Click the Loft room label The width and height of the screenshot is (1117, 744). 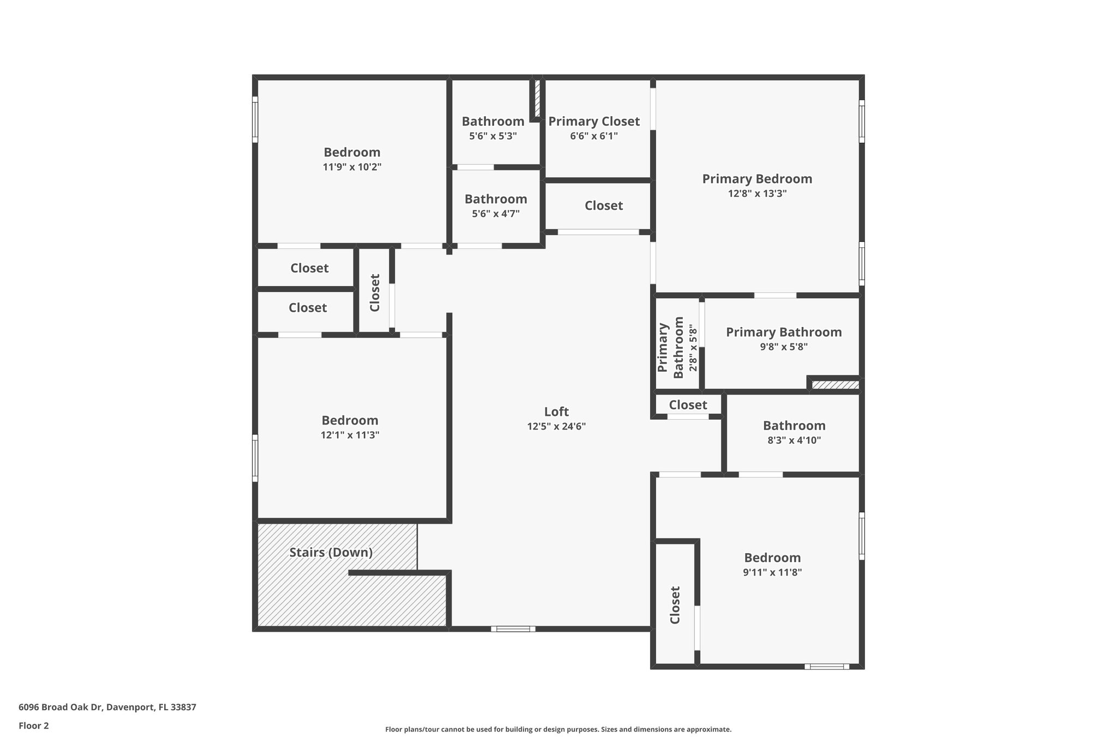click(x=556, y=412)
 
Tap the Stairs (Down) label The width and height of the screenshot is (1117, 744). click(x=331, y=553)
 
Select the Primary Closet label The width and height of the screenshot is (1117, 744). click(x=593, y=122)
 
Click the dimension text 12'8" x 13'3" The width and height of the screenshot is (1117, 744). click(x=757, y=193)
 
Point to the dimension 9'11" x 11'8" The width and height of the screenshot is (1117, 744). click(x=772, y=572)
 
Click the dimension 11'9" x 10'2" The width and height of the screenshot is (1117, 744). click(x=352, y=167)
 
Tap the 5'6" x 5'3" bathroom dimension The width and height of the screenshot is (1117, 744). click(x=493, y=136)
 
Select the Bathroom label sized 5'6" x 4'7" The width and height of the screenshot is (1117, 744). click(x=495, y=199)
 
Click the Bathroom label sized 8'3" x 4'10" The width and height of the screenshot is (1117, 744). click(x=794, y=426)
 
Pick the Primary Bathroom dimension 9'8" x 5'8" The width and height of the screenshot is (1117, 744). click(x=783, y=347)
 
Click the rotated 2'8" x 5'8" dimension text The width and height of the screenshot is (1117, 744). click(x=693, y=348)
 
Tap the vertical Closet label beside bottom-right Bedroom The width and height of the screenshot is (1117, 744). click(x=675, y=605)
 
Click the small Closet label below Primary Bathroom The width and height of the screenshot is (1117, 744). click(x=688, y=405)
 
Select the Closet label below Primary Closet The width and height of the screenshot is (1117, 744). click(x=603, y=205)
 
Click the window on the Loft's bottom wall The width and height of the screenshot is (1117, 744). click(x=513, y=629)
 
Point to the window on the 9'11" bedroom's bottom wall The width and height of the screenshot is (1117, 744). click(x=826, y=666)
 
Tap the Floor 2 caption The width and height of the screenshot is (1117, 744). click(x=34, y=726)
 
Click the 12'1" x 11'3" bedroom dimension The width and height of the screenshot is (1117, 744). click(x=350, y=435)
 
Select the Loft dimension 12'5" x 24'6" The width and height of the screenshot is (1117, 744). click(x=556, y=427)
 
